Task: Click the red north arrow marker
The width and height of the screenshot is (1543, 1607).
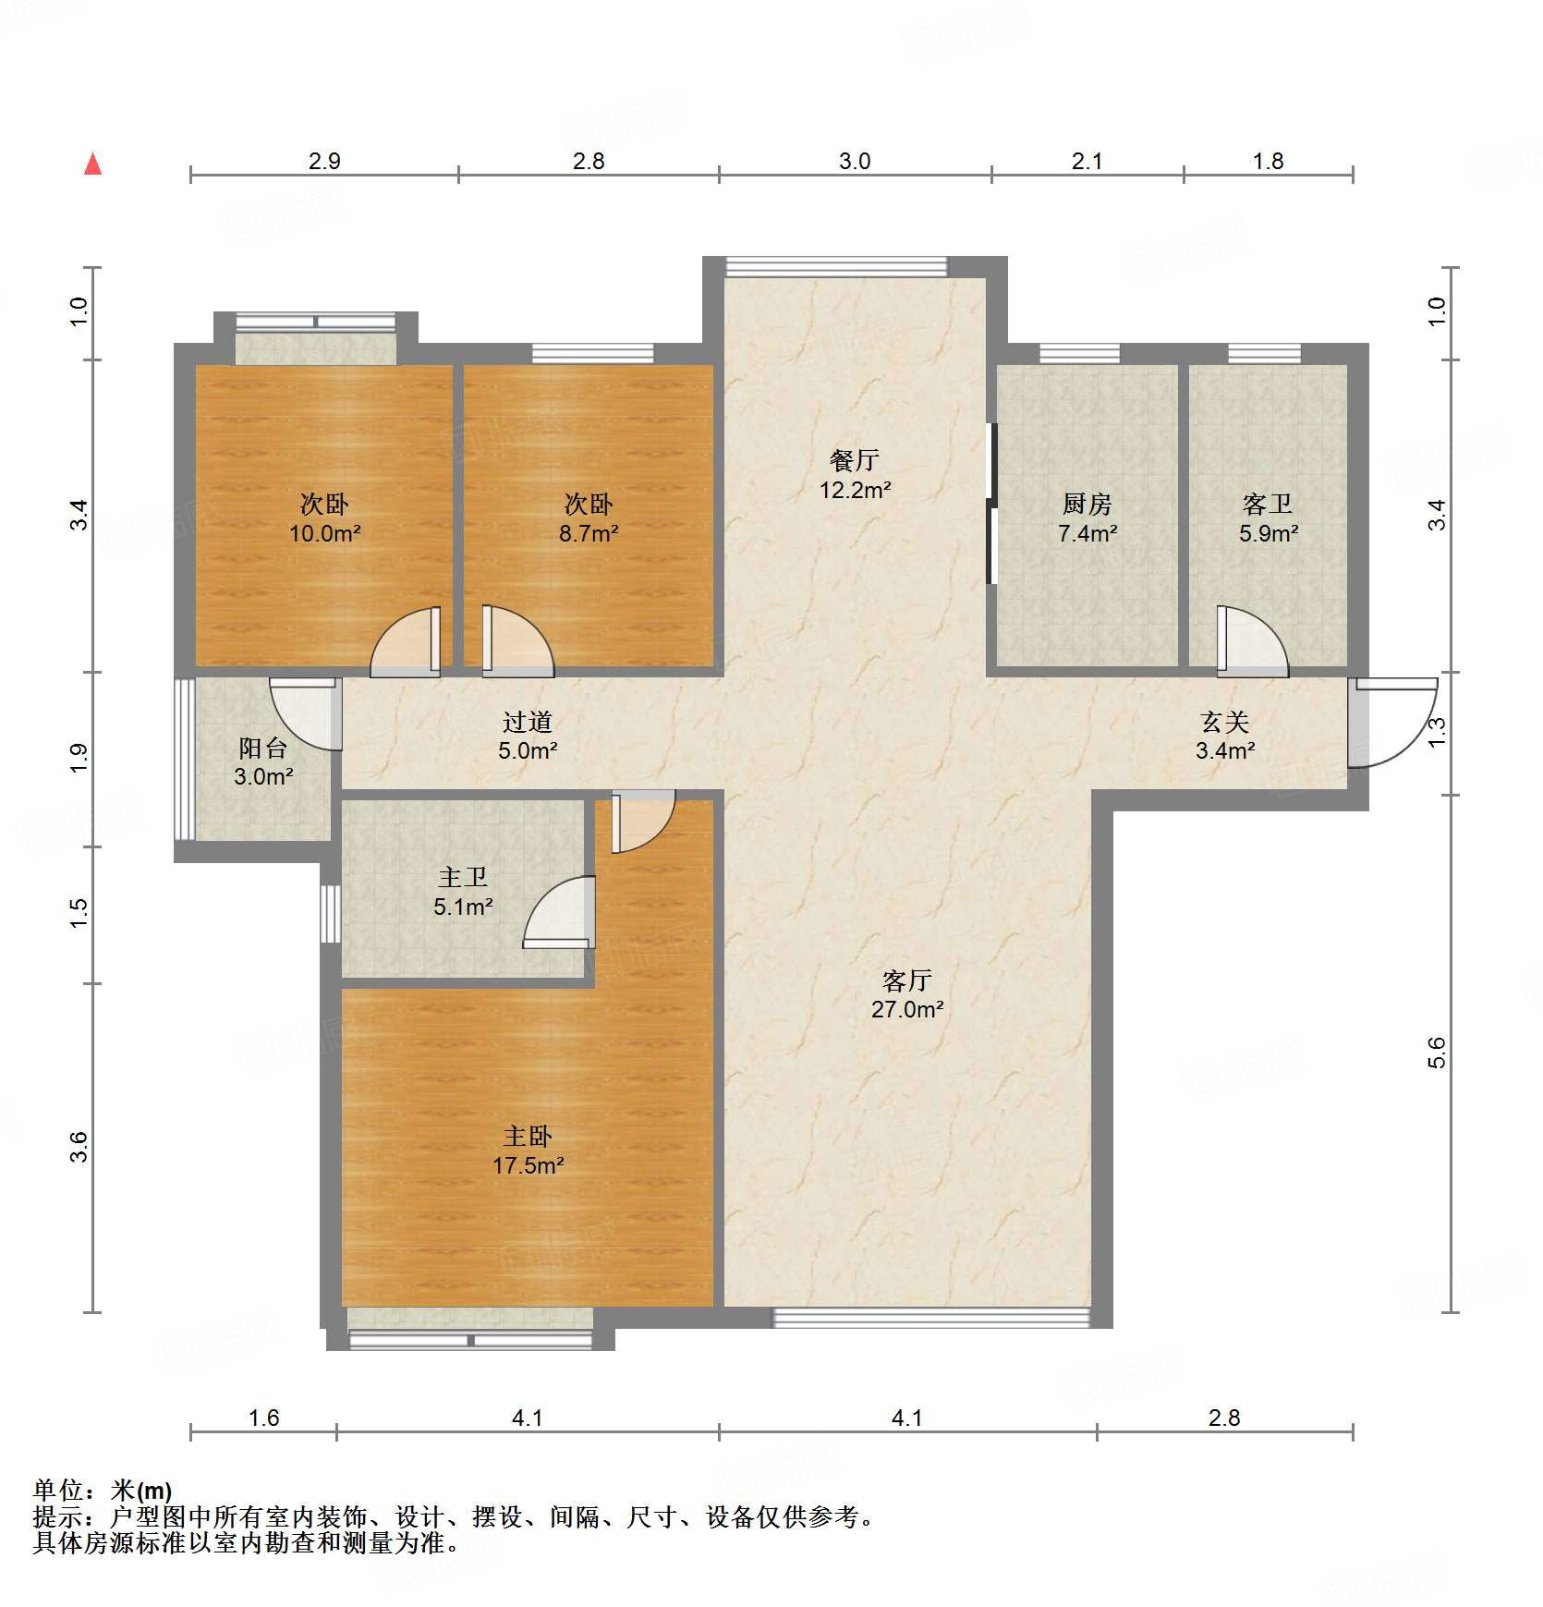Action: click(x=92, y=164)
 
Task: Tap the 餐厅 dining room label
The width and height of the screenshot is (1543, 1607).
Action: click(x=855, y=459)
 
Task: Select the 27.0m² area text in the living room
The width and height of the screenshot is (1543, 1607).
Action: click(x=907, y=1009)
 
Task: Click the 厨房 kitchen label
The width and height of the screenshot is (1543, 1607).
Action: click(x=1087, y=504)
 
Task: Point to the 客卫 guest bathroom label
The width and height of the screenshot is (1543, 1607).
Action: click(x=1268, y=504)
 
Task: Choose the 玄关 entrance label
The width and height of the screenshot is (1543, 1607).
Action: click(x=1225, y=722)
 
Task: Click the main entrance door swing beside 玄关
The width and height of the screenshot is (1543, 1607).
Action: click(x=1391, y=723)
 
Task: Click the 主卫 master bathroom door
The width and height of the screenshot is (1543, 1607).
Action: click(x=559, y=912)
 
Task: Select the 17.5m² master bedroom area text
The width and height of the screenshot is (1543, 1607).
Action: click(x=529, y=1165)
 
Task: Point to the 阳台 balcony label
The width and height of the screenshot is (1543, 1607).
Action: click(x=263, y=748)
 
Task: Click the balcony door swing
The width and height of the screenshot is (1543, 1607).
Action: click(x=306, y=714)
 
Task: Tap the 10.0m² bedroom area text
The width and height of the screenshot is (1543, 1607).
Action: click(x=325, y=533)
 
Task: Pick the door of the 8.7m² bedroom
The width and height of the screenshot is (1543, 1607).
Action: click(x=517, y=641)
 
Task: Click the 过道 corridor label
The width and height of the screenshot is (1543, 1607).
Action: click(x=528, y=722)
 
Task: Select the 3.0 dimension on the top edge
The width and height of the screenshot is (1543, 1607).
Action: click(x=855, y=161)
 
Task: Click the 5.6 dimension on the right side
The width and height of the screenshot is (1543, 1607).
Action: click(x=1437, y=1053)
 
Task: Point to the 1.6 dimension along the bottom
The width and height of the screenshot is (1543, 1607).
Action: click(x=263, y=1418)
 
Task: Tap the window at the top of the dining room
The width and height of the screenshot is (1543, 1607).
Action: click(x=836, y=267)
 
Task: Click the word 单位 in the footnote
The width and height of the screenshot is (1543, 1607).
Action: click(x=58, y=1491)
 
